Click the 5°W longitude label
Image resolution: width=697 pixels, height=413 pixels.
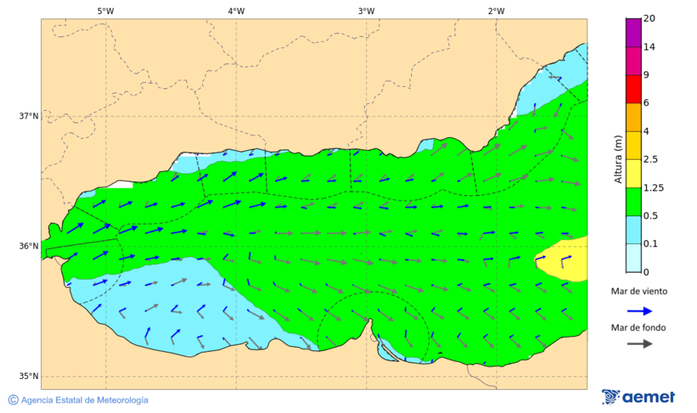105,11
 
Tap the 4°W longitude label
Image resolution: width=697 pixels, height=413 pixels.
235,11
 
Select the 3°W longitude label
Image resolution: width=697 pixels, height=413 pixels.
366,11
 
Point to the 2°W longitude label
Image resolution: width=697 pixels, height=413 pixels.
496,11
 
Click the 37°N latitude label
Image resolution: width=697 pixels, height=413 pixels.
29,116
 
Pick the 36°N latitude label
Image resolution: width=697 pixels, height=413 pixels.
29,246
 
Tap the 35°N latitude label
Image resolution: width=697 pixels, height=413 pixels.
29,377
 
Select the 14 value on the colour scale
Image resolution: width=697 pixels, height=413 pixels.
649,47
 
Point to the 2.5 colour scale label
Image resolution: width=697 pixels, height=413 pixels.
651,160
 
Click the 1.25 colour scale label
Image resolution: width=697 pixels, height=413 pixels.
654,188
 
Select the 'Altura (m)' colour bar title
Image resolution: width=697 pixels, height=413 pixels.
618,159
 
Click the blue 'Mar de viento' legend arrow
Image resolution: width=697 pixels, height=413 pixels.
638,310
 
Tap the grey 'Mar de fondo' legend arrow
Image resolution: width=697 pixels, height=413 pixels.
638,344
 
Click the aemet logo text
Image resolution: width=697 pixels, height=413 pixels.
648,397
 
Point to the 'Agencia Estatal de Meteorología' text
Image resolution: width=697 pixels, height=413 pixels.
84,400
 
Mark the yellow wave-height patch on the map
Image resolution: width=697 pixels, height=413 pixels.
562,260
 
